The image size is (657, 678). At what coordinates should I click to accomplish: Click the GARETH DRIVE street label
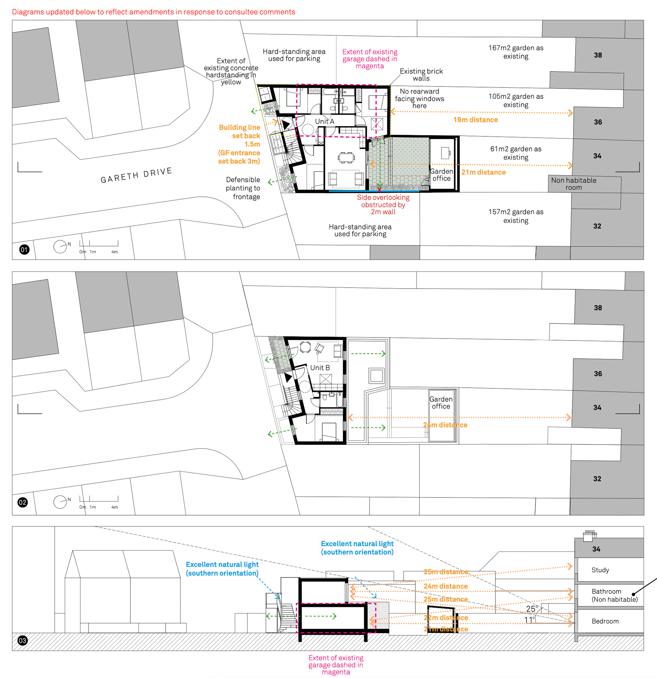click(x=136, y=175)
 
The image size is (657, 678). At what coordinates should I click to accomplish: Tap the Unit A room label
click(x=324, y=121)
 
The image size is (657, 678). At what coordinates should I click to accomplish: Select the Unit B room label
click(x=320, y=368)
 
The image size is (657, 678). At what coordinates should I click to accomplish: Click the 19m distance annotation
click(x=476, y=120)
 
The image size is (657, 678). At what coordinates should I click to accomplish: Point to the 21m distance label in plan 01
click(x=483, y=172)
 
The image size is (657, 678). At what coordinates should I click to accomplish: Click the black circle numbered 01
click(x=24, y=249)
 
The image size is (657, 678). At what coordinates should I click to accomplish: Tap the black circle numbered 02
click(x=23, y=502)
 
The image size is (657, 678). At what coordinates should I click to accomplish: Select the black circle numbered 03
click(x=23, y=640)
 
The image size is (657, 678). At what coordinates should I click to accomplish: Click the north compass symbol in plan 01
click(x=60, y=247)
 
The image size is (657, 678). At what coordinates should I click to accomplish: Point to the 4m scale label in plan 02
click(x=115, y=507)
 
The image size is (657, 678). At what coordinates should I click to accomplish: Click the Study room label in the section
click(x=600, y=570)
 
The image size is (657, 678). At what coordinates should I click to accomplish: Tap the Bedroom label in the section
click(x=605, y=621)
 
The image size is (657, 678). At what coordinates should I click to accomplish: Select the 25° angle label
click(x=532, y=609)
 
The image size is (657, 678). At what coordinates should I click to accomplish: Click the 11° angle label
click(x=530, y=620)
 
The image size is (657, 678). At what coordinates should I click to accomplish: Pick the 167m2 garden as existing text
click(x=516, y=52)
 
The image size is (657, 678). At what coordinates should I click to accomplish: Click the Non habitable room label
click(x=574, y=184)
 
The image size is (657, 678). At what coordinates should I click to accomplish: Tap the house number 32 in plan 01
click(x=597, y=226)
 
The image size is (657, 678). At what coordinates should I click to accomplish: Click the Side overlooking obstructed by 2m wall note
click(x=383, y=204)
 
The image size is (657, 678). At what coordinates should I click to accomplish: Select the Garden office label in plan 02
click(x=441, y=403)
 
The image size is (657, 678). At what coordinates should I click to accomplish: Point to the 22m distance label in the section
click(x=446, y=618)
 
